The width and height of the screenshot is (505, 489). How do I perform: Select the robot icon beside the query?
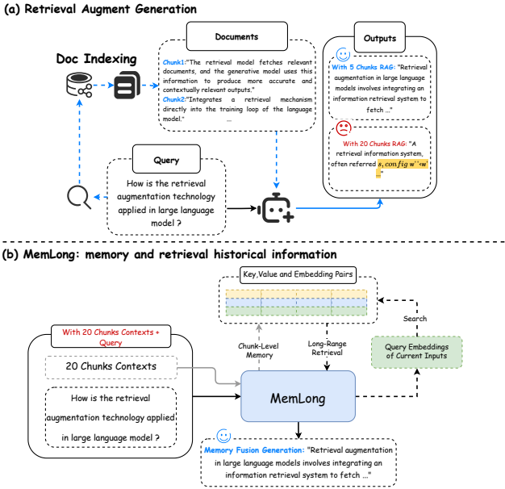point(276,209)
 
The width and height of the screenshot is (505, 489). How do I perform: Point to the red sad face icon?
point(344,127)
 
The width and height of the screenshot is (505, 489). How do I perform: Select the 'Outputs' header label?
point(377,37)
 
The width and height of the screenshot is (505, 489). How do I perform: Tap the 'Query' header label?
point(166,159)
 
